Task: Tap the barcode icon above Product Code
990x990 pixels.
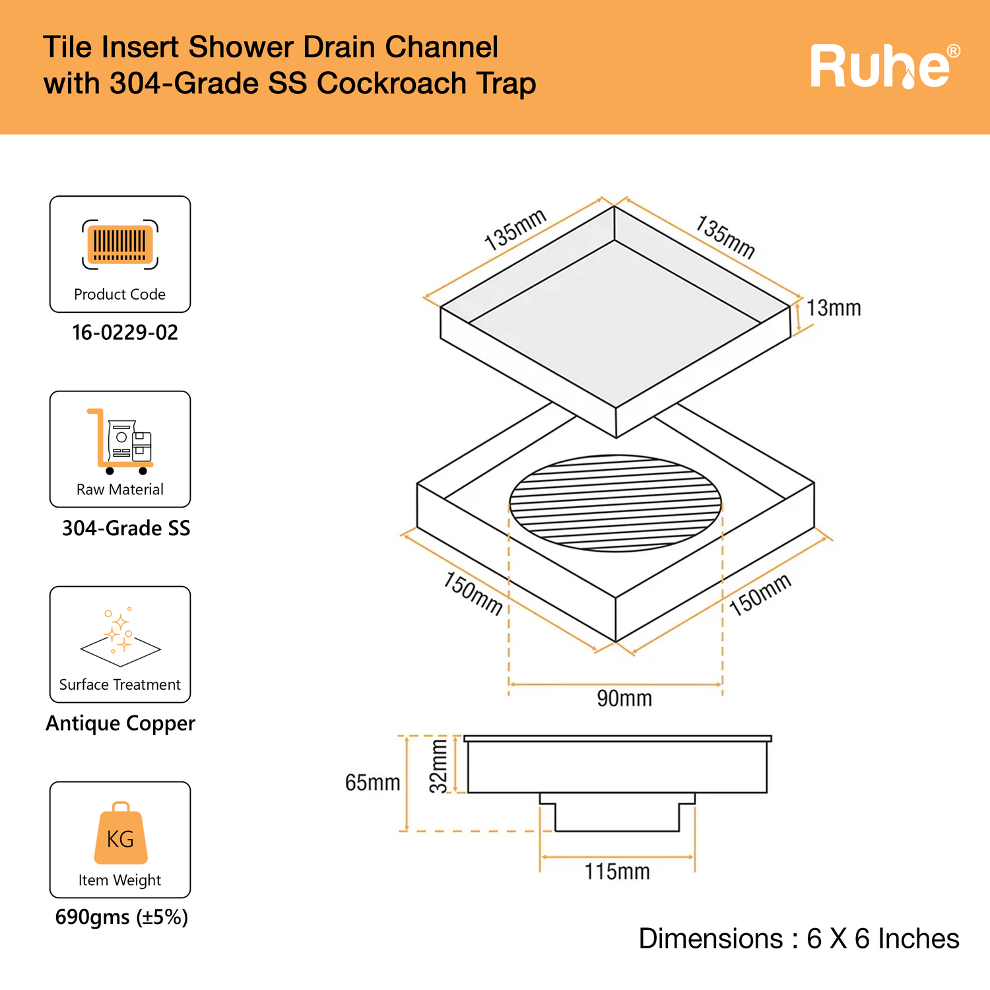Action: pyautogui.click(x=120, y=245)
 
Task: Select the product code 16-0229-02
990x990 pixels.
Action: pyautogui.click(x=125, y=333)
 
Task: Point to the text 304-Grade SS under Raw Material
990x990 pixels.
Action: pyautogui.click(x=126, y=528)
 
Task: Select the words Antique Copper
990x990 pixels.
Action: pyautogui.click(x=121, y=723)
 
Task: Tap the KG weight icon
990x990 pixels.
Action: pyautogui.click(x=120, y=834)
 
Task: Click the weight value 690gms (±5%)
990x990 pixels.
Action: pyautogui.click(x=121, y=917)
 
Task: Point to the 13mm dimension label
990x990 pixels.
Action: pyautogui.click(x=834, y=308)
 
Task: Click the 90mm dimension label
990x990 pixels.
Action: pyautogui.click(x=624, y=698)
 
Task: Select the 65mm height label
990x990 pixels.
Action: pyautogui.click(x=372, y=783)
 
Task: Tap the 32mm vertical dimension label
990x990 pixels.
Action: pyautogui.click(x=439, y=766)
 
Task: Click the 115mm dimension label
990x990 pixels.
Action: pyautogui.click(x=617, y=872)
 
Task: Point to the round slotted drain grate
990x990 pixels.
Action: pyautogui.click(x=615, y=503)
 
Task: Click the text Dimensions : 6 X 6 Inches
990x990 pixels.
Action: pyautogui.click(x=799, y=939)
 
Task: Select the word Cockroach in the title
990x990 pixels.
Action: pyautogui.click(x=392, y=84)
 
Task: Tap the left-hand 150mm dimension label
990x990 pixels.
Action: pyautogui.click(x=473, y=593)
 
